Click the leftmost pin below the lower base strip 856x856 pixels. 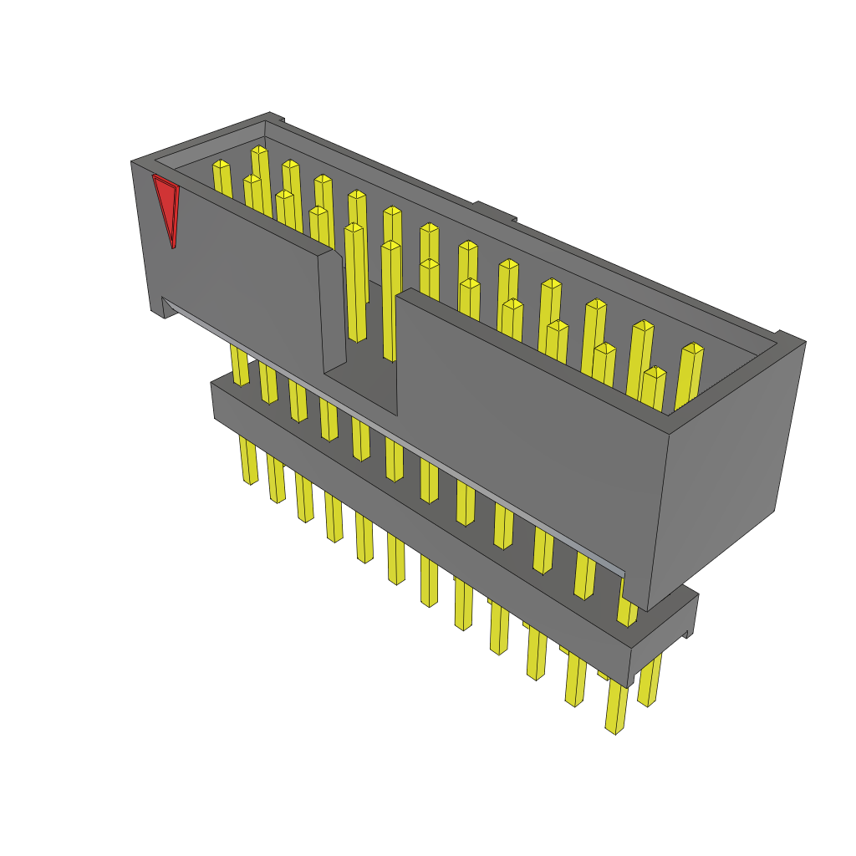248,460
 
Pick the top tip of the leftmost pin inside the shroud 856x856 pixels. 221,164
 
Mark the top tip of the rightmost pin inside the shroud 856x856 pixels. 693,348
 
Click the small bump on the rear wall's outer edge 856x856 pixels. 493,209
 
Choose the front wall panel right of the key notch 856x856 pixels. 527,435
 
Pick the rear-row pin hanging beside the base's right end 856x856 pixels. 650,681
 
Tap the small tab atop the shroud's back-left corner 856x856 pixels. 276,118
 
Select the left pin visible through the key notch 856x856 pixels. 356,284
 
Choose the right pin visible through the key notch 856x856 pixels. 390,301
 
